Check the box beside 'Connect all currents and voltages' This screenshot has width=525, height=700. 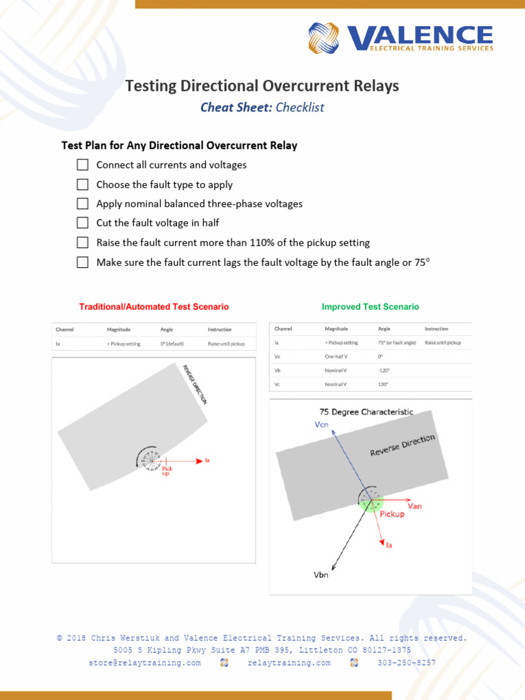click(83, 165)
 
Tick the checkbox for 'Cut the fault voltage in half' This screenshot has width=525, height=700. click(83, 223)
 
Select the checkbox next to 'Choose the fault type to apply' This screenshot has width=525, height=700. click(83, 185)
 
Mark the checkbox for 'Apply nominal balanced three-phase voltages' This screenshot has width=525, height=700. click(83, 204)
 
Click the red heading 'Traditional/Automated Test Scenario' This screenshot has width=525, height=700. click(154, 308)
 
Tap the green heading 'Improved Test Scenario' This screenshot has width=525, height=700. click(371, 307)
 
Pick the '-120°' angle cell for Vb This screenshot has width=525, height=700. click(383, 371)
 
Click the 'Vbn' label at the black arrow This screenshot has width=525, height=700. click(321, 576)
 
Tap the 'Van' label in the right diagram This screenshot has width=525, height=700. click(415, 506)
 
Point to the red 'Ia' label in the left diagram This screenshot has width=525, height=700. click(208, 461)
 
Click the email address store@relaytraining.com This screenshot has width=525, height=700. click(144, 663)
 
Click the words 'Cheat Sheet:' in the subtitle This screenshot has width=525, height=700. click(236, 107)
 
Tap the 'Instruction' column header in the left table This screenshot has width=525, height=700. click(219, 329)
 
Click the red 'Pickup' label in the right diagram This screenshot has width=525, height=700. click(392, 514)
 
